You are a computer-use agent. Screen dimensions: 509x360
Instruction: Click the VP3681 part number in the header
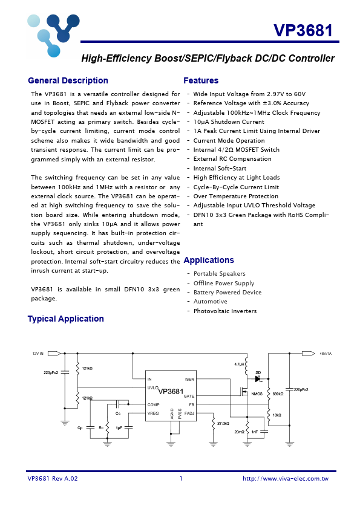click(303, 31)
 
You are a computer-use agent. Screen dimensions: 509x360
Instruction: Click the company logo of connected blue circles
click(53, 34)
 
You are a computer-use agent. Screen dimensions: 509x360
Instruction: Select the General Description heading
click(68, 80)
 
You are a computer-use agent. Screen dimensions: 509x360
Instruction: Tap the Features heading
click(201, 80)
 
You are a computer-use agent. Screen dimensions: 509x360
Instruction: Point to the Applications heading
click(209, 260)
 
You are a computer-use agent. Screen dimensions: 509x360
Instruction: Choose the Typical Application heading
click(65, 319)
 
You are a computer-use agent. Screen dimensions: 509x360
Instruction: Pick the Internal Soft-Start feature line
click(220, 169)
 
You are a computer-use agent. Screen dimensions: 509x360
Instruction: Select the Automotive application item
click(210, 302)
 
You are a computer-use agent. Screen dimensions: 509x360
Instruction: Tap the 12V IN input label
click(38, 354)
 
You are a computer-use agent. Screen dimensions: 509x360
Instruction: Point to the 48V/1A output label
click(326, 354)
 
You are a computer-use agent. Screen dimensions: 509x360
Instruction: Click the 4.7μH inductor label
click(240, 364)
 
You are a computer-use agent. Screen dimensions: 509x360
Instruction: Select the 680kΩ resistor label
click(278, 394)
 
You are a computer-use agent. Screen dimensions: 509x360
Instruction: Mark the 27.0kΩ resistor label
click(223, 424)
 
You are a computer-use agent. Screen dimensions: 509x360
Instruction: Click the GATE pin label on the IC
click(189, 396)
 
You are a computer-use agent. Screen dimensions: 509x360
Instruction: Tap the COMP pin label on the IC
click(153, 404)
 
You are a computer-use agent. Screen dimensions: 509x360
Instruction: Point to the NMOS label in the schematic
click(257, 394)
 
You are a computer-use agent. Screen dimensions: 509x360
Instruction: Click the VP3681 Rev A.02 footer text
click(53, 478)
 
